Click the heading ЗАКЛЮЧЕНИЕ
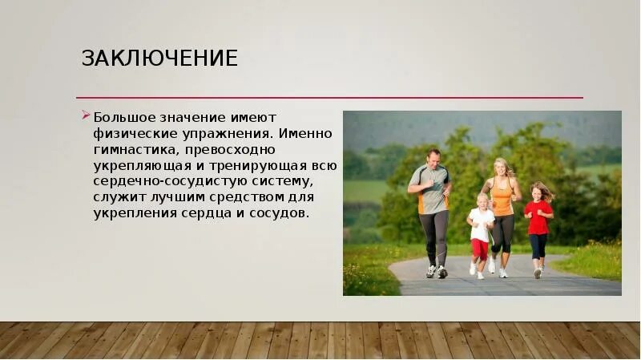coord(159,59)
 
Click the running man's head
coord(433,156)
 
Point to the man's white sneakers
coord(436,272)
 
